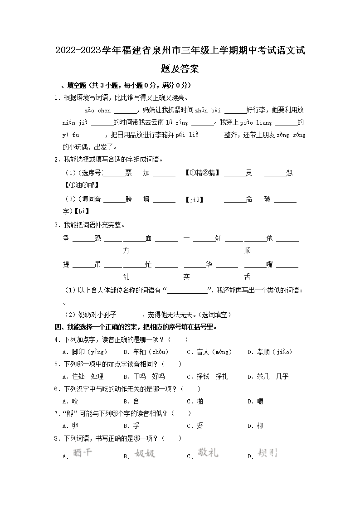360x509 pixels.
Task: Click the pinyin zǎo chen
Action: pyautogui.click(x=97, y=110)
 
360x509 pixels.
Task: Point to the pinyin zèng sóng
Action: pyautogui.click(x=292, y=135)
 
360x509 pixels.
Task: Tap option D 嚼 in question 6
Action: pyautogui.click(x=255, y=401)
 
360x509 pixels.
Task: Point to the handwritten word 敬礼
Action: pyautogui.click(x=208, y=452)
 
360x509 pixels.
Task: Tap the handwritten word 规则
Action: pyautogui.click(x=267, y=453)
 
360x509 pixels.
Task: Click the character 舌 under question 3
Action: pyautogui.click(x=247, y=277)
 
